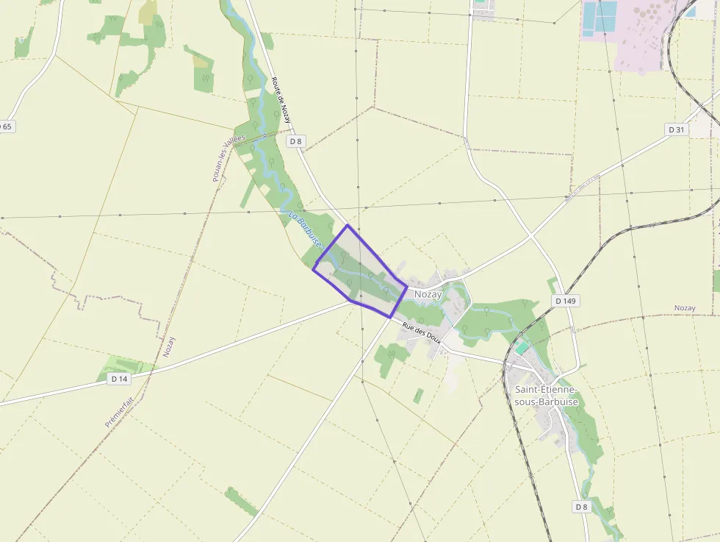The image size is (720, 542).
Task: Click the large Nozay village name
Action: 428,294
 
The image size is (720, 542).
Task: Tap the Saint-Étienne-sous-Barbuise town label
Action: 546,396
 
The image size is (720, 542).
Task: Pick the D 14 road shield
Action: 119,378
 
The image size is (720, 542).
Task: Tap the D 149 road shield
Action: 565,301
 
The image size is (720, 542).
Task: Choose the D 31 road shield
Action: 677,129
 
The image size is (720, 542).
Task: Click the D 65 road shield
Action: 6,126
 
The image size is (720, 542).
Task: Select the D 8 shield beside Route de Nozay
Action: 295,140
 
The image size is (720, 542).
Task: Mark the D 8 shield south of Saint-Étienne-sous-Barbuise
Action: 581,507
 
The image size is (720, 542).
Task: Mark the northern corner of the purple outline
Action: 347,225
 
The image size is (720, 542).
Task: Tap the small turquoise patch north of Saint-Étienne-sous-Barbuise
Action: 522,347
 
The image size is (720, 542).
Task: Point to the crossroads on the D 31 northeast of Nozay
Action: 530,235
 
